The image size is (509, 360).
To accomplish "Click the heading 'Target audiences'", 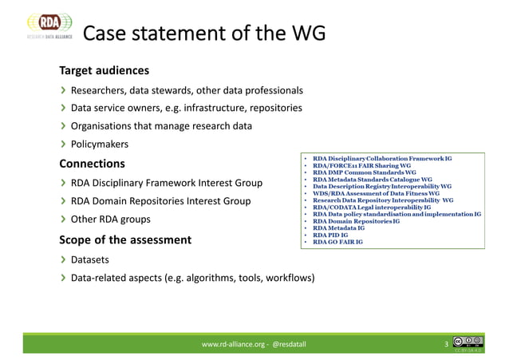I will click(104, 70).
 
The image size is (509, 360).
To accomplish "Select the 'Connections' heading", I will click(92, 164).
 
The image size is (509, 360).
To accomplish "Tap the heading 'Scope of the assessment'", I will click(124, 239).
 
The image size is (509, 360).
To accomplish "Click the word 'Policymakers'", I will click(100, 144).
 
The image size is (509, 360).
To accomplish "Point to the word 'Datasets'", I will click(91, 259).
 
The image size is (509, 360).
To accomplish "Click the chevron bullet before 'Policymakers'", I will click(62, 144).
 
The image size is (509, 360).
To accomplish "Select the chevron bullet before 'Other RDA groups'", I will click(62, 219).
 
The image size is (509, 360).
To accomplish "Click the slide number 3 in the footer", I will click(446, 344).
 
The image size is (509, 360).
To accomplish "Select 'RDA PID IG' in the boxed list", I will click(330, 236).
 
